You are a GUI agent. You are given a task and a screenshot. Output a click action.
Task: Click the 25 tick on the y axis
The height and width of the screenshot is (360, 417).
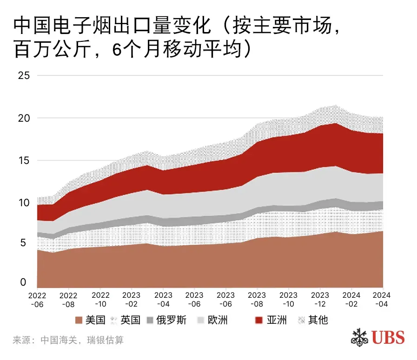click(x=23, y=76)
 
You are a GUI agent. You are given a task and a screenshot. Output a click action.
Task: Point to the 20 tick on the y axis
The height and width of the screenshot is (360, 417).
click(x=23, y=118)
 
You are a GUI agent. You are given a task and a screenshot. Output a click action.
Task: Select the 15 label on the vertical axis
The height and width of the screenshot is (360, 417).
click(x=23, y=160)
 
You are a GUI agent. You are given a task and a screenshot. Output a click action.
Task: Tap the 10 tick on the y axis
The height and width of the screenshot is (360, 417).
click(x=23, y=203)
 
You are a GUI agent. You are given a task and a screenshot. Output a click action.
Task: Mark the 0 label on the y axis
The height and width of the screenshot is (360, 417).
click(x=23, y=282)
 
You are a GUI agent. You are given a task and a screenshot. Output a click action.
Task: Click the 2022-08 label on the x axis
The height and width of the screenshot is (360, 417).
click(x=68, y=299)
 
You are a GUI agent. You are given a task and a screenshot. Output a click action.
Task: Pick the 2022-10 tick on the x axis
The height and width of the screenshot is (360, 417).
click(x=100, y=299)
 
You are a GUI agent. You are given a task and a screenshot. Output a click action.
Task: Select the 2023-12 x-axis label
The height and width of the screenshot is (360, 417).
click(x=320, y=299)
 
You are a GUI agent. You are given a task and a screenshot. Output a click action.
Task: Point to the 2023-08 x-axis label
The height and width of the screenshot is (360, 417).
click(x=257, y=299)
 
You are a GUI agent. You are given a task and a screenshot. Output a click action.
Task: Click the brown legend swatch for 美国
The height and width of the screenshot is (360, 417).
click(x=79, y=320)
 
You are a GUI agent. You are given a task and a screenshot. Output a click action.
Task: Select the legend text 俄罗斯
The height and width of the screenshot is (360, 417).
click(x=171, y=320)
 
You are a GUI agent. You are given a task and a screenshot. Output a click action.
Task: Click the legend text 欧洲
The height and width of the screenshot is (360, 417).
click(x=218, y=320)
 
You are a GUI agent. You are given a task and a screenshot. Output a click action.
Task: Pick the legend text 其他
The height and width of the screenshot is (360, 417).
click(x=318, y=320)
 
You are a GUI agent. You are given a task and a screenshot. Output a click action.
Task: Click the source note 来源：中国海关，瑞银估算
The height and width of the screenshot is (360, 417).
click(x=68, y=340)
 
